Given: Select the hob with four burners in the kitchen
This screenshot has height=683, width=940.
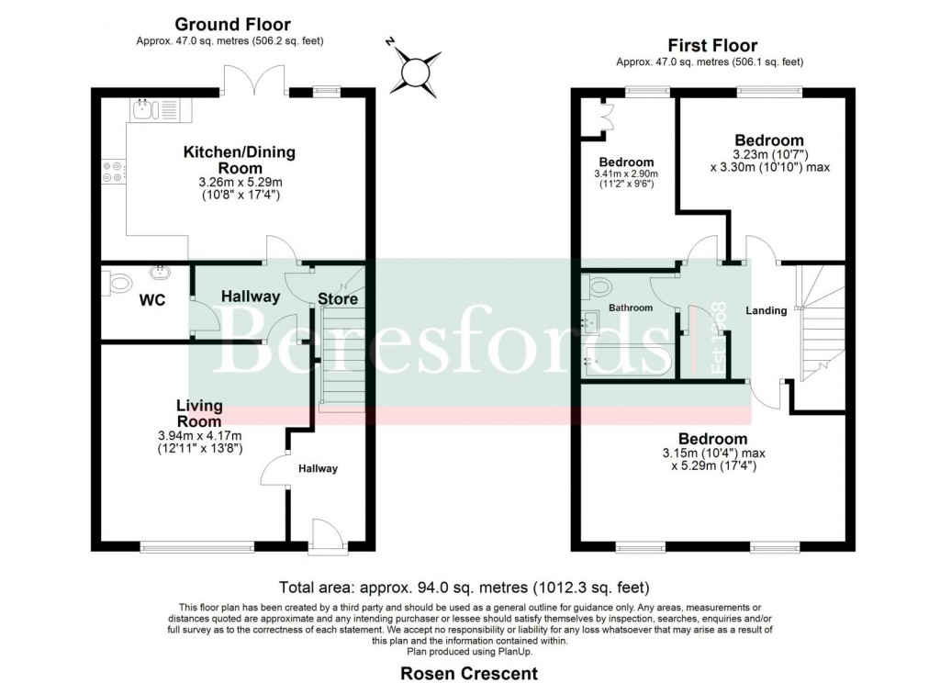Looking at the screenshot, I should point(114,172).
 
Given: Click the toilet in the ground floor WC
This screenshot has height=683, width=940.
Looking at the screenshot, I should point(117,284).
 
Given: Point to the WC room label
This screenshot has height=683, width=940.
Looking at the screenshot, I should point(151,300).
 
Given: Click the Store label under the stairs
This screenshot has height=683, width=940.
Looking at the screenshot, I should point(338,299).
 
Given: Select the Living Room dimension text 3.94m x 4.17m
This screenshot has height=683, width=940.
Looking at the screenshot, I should point(199,436).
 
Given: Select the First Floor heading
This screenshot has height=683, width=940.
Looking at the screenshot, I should point(711,46).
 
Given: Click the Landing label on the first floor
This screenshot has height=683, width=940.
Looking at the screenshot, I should point(766,310).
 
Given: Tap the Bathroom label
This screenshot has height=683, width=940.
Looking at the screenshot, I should point(631,308).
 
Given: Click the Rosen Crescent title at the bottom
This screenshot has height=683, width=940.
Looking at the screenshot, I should point(468,673).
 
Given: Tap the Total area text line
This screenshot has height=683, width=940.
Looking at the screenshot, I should point(468,588).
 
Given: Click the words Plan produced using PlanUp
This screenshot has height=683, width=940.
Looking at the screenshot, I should point(469,651).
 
